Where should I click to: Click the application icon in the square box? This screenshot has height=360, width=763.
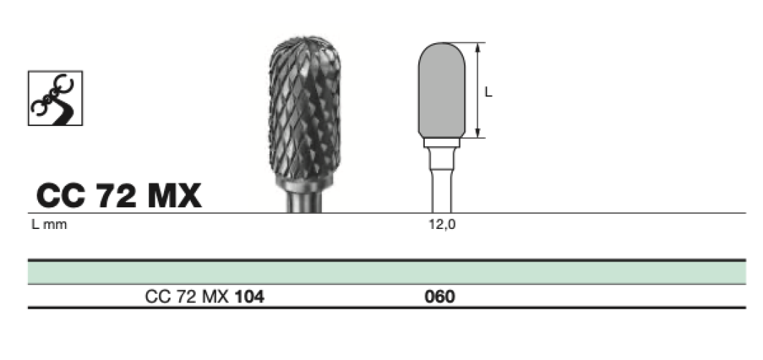pyautogui.click(x=55, y=98)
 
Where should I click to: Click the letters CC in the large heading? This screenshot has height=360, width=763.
pyautogui.click(x=61, y=196)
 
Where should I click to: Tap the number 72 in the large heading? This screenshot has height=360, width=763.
pyautogui.click(x=117, y=196)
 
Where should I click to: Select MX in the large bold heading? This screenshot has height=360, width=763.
pyautogui.click(x=174, y=196)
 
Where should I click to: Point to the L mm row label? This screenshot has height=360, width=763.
pyautogui.click(x=49, y=225)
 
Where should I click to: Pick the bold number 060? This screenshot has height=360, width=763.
pyautogui.click(x=440, y=296)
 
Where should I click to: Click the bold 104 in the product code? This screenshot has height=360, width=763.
pyautogui.click(x=250, y=296)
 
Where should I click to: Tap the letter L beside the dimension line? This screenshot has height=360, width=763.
pyautogui.click(x=489, y=92)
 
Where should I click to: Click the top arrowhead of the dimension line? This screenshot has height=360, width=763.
pyautogui.click(x=479, y=48)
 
